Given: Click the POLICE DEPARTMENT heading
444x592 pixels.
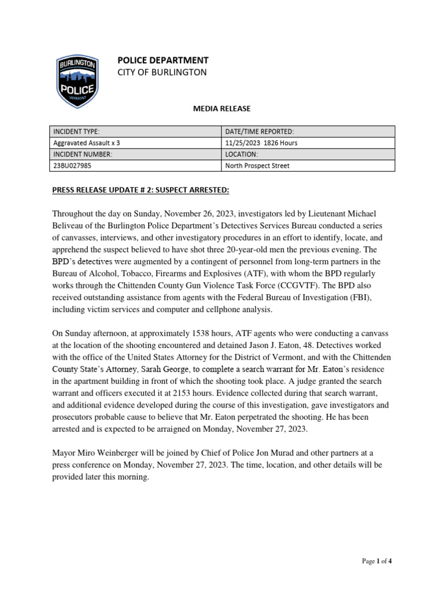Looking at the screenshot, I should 162,60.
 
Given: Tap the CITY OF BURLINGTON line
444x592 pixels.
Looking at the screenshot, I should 161,72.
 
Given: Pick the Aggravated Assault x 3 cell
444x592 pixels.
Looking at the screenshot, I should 86,143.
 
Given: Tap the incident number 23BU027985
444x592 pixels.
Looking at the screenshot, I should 72,166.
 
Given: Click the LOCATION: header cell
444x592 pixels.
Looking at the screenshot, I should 242,154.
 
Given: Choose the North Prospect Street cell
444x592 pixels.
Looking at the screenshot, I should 257,166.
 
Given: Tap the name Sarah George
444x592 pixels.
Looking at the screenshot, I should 165,369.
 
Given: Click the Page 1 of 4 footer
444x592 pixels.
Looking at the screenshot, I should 376,561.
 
